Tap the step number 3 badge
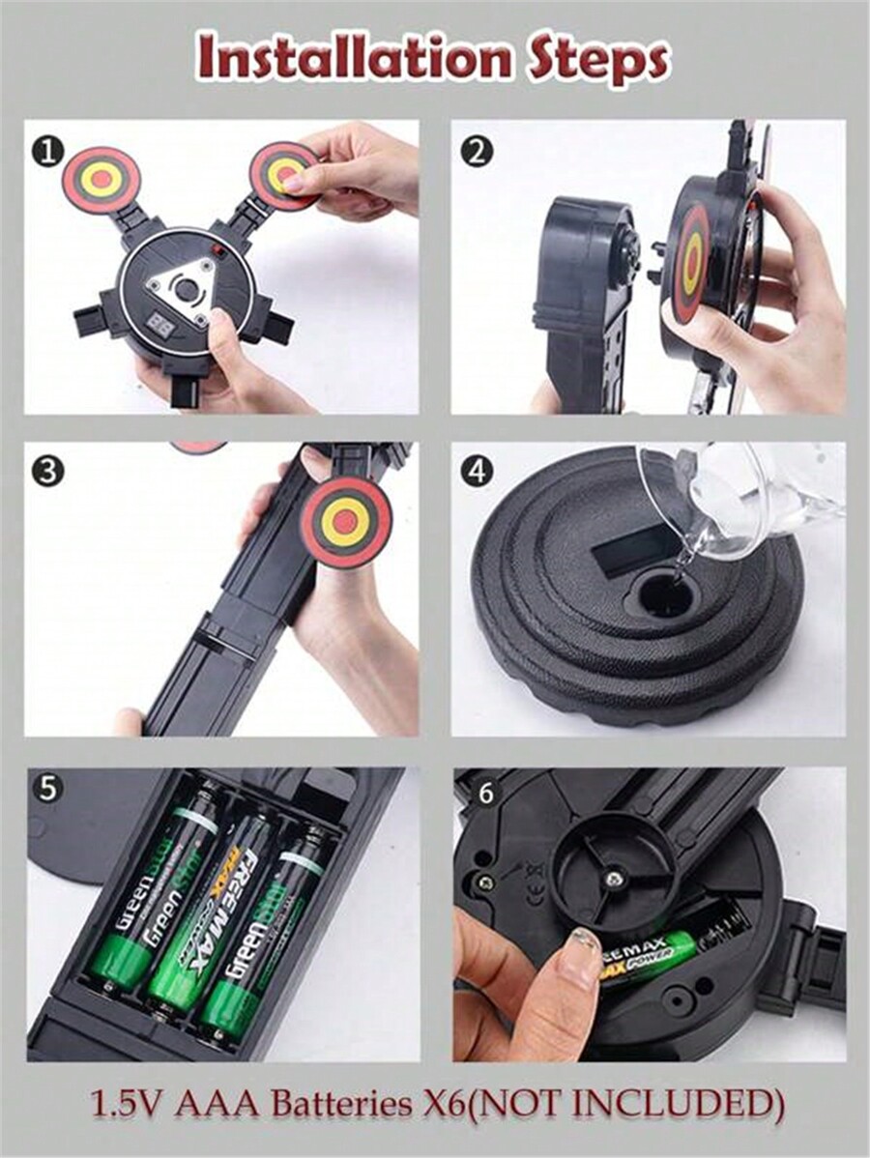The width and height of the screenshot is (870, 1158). tap(46, 472)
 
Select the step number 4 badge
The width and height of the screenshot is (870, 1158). tap(477, 472)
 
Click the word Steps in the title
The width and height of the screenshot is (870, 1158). tap(597, 60)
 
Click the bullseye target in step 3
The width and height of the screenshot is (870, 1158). tap(345, 523)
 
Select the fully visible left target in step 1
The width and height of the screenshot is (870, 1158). tap(101, 179)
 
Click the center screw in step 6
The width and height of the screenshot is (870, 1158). tap(613, 879)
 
